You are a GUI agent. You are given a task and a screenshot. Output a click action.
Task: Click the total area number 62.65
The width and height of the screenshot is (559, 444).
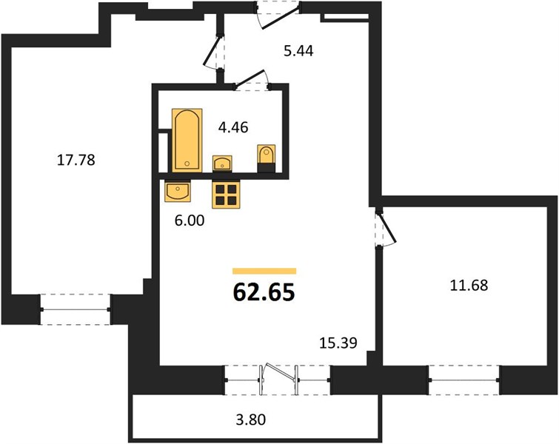point(264,292)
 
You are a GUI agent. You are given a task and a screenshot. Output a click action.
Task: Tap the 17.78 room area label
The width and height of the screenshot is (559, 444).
point(76,160)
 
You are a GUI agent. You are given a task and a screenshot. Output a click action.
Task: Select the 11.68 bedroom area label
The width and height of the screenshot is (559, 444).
point(469,286)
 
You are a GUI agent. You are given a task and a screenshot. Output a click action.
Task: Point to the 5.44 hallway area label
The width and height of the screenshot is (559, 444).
point(298,51)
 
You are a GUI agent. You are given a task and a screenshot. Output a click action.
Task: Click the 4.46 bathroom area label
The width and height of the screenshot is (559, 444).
point(233,127)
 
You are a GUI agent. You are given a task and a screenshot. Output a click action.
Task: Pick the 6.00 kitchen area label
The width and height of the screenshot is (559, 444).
point(190,221)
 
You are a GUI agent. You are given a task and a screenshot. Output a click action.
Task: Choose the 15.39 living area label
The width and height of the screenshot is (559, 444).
point(338,343)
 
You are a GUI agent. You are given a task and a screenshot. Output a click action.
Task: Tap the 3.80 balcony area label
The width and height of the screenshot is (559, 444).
point(251,420)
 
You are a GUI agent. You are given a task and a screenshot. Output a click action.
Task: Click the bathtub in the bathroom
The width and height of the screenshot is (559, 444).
point(187,141)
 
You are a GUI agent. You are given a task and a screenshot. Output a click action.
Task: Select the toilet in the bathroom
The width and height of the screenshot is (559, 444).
point(267,158)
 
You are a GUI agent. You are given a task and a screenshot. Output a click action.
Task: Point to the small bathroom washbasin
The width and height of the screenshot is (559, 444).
point(222,164)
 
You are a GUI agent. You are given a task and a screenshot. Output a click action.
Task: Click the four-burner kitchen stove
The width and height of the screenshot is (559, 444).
point(226,194)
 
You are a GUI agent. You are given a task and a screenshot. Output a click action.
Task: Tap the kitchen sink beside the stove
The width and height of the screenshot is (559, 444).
point(178,191)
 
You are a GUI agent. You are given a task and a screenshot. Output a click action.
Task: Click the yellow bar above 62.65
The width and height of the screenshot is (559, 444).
point(264,271)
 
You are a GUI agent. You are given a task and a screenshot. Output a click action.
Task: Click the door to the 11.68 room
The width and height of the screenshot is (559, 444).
point(385,228)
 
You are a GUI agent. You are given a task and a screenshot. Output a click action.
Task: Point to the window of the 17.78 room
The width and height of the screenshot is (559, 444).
point(76,309)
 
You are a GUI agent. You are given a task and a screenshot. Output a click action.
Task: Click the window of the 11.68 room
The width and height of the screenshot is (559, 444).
point(463,380)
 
